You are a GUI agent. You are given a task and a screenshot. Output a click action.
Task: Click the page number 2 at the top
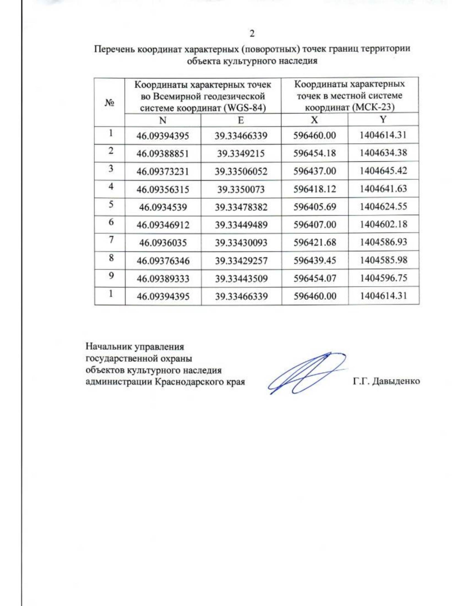(x=252, y=34)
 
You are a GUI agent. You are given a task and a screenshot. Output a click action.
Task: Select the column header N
(x=163, y=120)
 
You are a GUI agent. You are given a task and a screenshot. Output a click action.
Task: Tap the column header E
(x=241, y=120)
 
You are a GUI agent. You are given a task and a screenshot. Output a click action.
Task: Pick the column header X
(x=314, y=120)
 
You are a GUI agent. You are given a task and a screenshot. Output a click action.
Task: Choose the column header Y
(x=383, y=119)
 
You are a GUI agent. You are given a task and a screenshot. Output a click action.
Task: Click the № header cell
(x=110, y=103)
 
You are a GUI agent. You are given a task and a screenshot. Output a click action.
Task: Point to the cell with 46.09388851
(x=163, y=154)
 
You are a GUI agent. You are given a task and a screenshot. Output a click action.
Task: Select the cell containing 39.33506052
(x=241, y=171)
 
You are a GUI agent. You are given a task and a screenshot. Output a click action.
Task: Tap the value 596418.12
(x=314, y=189)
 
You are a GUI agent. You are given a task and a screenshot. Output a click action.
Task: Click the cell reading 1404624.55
(x=383, y=206)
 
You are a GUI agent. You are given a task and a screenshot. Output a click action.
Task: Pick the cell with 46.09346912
(x=163, y=225)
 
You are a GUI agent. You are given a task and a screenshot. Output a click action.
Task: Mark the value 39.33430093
(x=241, y=243)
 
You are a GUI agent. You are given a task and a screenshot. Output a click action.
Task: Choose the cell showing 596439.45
(x=314, y=260)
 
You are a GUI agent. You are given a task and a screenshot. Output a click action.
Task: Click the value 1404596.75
(x=383, y=278)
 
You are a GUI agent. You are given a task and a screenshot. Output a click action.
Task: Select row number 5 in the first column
(x=111, y=204)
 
